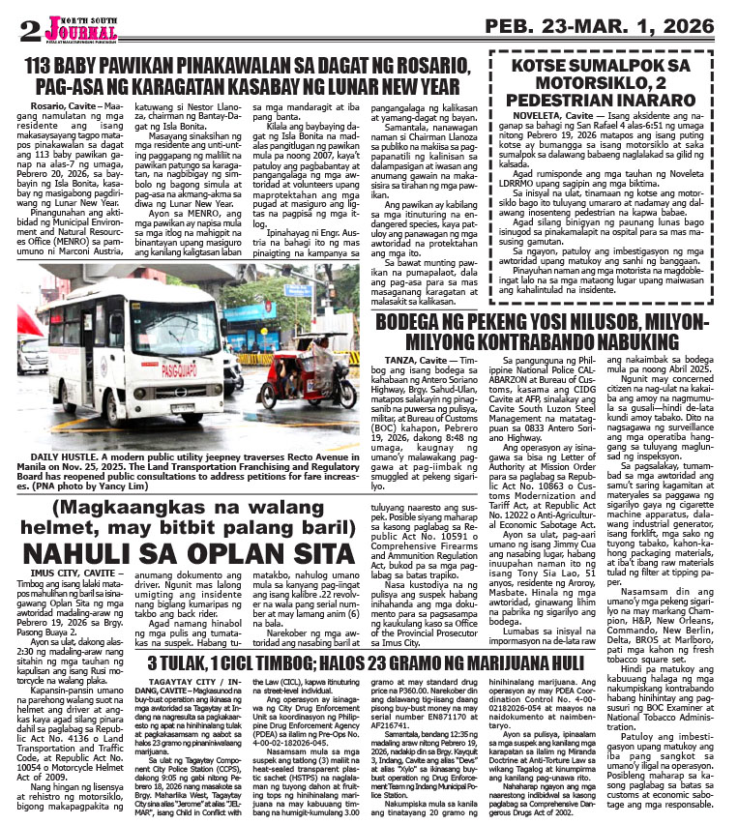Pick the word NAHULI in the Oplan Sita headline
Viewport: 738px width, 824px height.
tap(75, 552)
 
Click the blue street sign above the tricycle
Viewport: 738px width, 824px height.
tap(297, 290)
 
